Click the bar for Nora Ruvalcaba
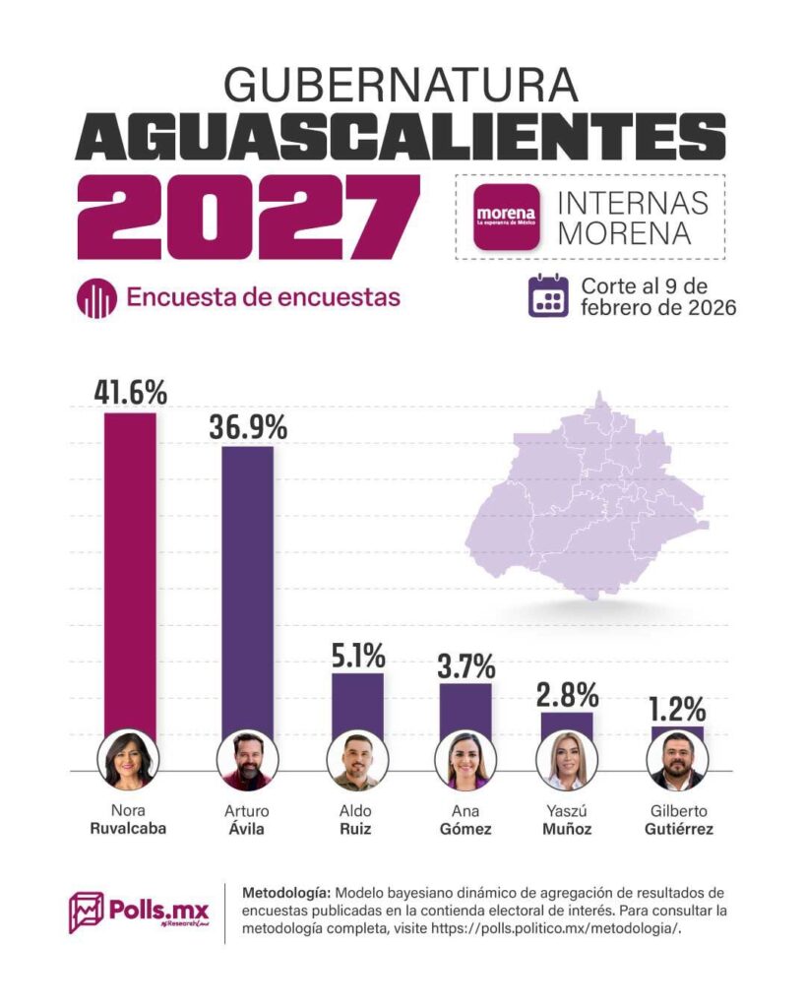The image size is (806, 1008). pyautogui.click(x=130, y=571)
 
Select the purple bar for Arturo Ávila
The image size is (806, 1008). pyautogui.click(x=247, y=591)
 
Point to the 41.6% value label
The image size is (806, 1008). pyautogui.click(x=131, y=392)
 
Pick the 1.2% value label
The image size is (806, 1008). pyautogui.click(x=676, y=709)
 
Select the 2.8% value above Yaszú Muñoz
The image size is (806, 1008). pyautogui.click(x=568, y=695)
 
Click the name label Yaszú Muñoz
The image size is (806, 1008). pyautogui.click(x=568, y=820)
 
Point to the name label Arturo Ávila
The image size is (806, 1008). pyautogui.click(x=246, y=820)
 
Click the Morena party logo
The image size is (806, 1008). pyautogui.click(x=506, y=216)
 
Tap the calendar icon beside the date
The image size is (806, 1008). pyautogui.click(x=549, y=296)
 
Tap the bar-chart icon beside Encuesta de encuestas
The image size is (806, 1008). pyautogui.click(x=95, y=297)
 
